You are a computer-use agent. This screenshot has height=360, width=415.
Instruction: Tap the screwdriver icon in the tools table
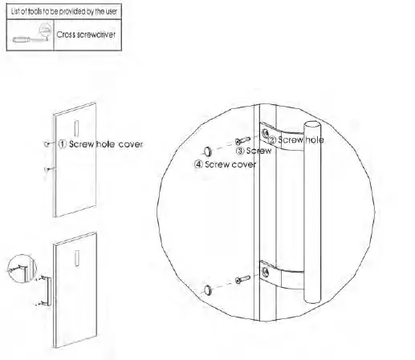pyautogui.click(x=31, y=36)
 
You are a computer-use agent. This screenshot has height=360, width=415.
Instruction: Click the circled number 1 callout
pyautogui.click(x=61, y=146)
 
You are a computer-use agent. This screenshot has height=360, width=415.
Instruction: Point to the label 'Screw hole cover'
pyautogui.click(x=109, y=146)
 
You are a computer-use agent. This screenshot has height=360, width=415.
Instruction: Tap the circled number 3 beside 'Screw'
pyautogui.click(x=238, y=149)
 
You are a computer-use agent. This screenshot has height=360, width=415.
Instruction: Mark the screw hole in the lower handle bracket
pyautogui.click(x=266, y=272)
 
